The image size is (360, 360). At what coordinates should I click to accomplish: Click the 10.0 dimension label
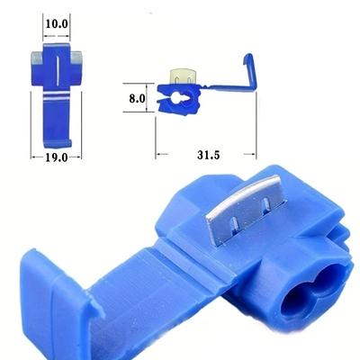57,23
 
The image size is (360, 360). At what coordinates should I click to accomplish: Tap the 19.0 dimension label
57,157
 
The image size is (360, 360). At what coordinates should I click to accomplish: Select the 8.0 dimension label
137,98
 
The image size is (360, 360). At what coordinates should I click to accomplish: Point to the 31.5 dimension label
209,155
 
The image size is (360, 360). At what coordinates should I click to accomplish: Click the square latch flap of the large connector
48,303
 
